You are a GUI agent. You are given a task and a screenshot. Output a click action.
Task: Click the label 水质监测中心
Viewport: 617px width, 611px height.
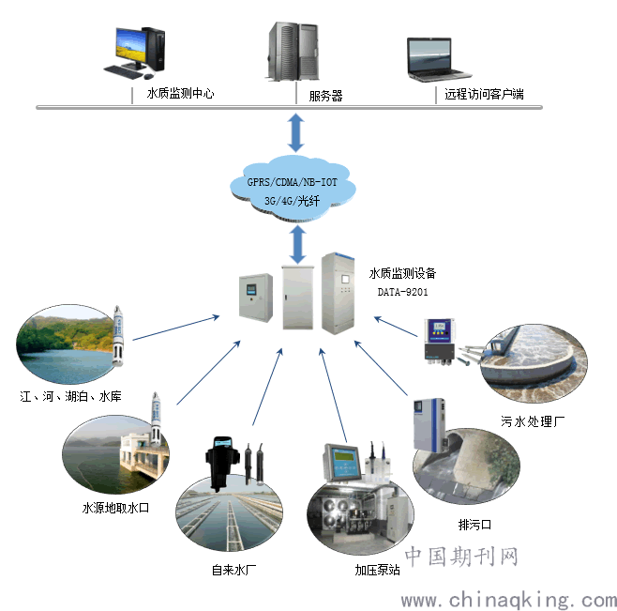181,93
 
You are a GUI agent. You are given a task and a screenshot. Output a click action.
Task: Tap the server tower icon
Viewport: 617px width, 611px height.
293,52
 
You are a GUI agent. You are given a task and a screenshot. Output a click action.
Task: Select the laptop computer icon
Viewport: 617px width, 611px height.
437,59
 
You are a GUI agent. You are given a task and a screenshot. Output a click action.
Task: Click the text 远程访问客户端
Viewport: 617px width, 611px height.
484,94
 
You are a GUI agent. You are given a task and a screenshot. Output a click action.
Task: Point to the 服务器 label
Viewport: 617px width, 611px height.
325,96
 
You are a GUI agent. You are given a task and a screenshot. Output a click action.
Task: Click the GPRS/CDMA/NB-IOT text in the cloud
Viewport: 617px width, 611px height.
292,182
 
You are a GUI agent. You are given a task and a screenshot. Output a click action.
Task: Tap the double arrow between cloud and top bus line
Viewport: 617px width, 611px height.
296,132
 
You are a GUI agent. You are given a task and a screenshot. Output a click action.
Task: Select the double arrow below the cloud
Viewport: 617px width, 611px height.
298,245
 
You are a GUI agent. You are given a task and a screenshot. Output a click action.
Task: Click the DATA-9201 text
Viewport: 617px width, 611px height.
402,292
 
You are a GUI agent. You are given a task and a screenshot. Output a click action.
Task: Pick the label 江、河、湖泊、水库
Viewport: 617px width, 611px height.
71,396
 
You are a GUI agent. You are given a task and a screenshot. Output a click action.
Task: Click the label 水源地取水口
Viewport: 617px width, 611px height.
115,508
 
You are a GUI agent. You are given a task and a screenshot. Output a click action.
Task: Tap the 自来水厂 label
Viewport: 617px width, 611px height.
233,570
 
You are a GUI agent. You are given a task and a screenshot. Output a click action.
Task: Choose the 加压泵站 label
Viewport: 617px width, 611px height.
377,570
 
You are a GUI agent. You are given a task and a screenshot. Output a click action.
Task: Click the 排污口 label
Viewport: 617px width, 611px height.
475,525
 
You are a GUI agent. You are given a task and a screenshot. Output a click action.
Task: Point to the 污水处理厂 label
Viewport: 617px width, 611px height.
533,421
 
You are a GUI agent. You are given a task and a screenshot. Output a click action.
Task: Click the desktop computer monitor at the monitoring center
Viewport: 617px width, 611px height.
131,47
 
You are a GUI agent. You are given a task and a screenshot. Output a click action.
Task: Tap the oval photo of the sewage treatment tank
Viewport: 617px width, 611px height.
534,363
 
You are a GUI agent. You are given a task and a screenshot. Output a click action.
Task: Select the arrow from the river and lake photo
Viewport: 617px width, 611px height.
176,328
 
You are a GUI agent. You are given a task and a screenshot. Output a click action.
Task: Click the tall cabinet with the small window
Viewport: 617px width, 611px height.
338,293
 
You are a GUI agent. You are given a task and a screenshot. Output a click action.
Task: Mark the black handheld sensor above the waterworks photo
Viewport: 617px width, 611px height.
222,463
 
